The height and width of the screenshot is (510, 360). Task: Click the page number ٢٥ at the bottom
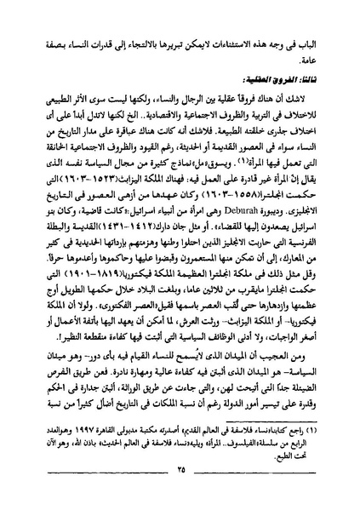click(180, 495)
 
